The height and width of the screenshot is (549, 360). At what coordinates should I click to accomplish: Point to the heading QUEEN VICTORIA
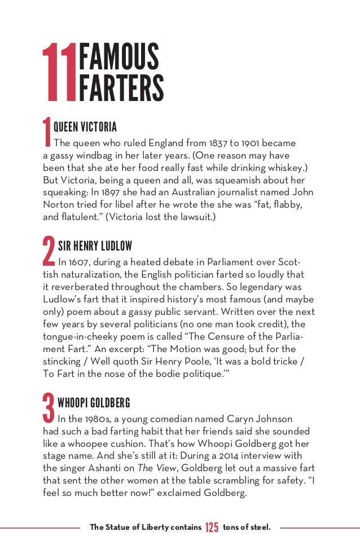pyautogui.click(x=85, y=126)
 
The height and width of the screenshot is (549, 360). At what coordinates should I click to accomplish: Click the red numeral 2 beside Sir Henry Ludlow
pyautogui.click(x=49, y=252)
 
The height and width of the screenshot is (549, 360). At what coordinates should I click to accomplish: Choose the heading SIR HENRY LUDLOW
pyautogui.click(x=95, y=246)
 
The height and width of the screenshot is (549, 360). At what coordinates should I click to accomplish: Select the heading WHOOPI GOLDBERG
pyautogui.click(x=94, y=402)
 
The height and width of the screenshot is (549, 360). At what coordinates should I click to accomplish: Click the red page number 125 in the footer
pyautogui.click(x=212, y=528)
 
